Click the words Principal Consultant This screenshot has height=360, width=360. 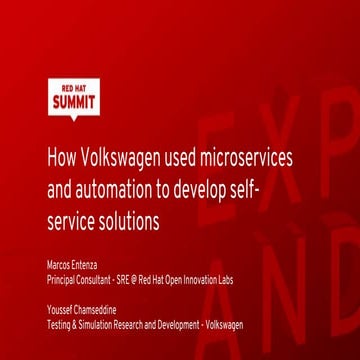click(x=79, y=281)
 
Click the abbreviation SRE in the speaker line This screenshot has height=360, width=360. click(x=125, y=281)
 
